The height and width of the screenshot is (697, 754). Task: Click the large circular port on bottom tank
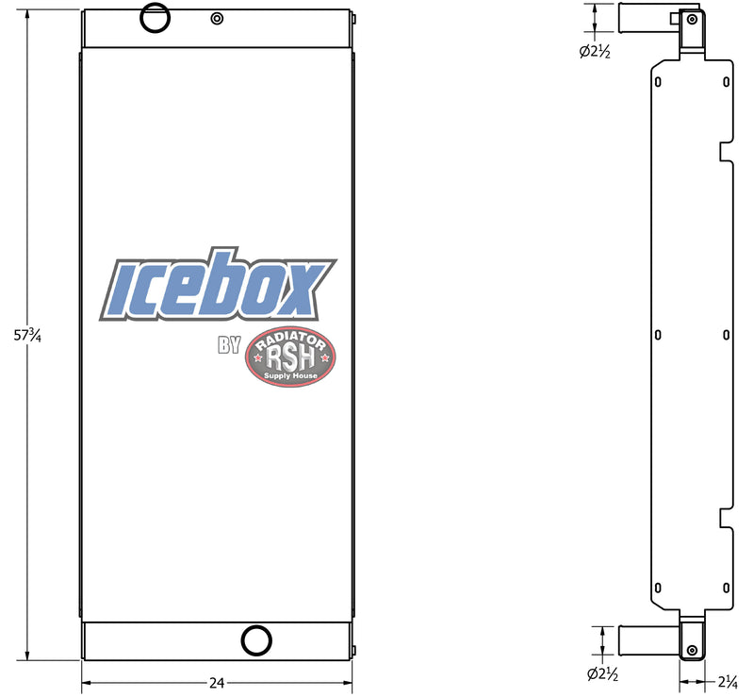pos(254,639)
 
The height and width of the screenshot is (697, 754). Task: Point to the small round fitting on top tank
pos(218,18)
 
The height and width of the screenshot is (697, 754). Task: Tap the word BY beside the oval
pos(229,345)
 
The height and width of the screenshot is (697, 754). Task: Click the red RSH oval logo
pos(290,358)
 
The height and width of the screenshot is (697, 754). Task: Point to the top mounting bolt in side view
pos(693,18)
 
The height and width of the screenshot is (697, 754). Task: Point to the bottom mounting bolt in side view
pos(693,651)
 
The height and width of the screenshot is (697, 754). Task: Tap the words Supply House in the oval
pos(290,375)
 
